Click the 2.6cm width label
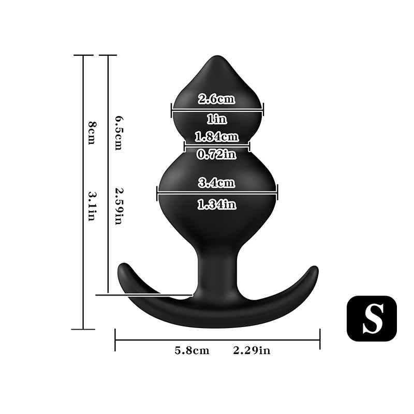coord(216,99)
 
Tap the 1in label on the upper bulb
coord(217,120)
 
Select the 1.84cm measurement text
coord(217,137)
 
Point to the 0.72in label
coord(217,154)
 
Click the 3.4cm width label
coord(216,183)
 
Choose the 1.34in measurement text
coord(217,204)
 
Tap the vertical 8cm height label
coord(92,133)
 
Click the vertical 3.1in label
coord(92,206)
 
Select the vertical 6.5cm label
coord(118,134)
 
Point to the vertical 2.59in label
coord(118,206)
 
